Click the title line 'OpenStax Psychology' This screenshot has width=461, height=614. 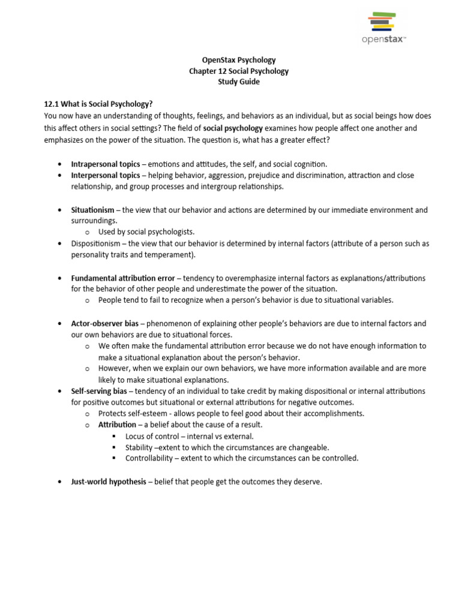pos(238,60)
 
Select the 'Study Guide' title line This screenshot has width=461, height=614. pos(238,82)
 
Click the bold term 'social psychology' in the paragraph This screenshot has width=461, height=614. pos(233,128)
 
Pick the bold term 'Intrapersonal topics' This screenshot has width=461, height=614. pos(106,164)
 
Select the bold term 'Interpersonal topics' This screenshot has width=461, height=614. pos(106,175)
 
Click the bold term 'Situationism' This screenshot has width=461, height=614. pos(92,210)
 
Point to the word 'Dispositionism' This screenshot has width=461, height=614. pos(96,243)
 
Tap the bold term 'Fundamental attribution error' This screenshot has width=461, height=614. pos(123,278)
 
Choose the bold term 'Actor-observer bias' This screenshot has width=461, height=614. pos(104,323)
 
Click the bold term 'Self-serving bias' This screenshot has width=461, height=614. pos(100,391)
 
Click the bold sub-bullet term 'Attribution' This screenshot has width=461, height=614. pos(117,425)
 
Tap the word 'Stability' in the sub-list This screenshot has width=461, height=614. pos(139,447)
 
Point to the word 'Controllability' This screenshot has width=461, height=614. pos(149,458)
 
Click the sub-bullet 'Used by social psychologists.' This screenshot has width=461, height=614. pos(146,231)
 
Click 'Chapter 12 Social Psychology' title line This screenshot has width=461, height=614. pos(238,71)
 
